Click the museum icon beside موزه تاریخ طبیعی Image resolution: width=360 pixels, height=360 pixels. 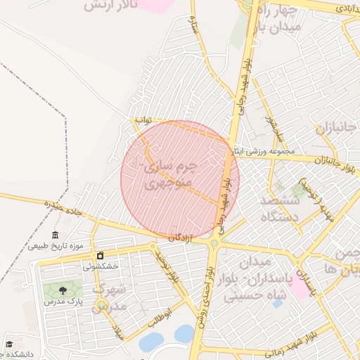point(56,235)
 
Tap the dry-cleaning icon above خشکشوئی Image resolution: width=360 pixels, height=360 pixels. point(101,255)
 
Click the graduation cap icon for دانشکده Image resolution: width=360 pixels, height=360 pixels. point(10,345)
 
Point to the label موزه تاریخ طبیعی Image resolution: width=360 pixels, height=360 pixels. point(56,246)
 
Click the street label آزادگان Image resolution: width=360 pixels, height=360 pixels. point(181,238)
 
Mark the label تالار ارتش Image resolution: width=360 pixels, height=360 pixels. point(108,6)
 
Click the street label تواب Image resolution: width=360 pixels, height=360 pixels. point(143,120)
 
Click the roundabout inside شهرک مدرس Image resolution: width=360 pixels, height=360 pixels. point(102,304)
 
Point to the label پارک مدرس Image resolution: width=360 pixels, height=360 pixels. point(60,301)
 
